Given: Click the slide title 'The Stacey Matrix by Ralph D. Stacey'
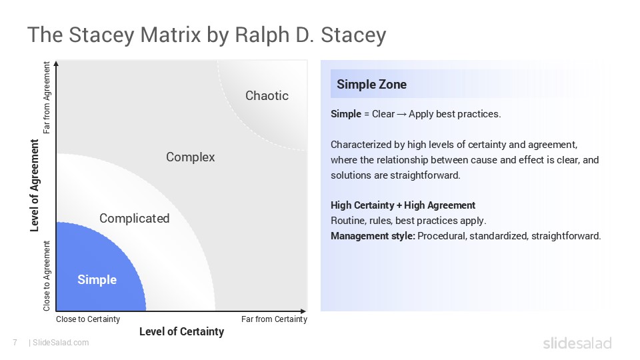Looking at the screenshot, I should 206,35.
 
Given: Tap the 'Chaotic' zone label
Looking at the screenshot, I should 267,95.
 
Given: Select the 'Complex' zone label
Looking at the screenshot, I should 190,157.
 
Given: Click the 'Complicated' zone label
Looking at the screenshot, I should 134,218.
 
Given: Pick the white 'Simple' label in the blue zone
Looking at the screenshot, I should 97,280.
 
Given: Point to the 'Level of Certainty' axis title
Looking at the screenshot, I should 181,332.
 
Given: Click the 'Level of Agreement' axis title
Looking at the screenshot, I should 35,185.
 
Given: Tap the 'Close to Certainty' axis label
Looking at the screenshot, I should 88,319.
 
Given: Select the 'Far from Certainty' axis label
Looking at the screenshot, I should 274,319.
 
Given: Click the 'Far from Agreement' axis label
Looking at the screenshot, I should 47,97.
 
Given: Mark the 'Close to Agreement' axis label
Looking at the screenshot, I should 47,276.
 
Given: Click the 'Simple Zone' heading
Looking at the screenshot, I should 371,85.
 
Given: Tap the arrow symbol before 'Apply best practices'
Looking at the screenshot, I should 402,114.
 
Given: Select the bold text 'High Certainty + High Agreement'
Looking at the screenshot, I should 403,205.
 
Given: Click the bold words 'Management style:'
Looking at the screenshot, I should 373,236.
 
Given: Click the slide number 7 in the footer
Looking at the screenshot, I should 15,343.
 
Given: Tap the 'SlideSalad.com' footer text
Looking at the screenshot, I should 60,343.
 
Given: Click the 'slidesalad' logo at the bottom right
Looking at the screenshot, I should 577,343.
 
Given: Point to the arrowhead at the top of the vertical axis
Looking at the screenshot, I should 57,65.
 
